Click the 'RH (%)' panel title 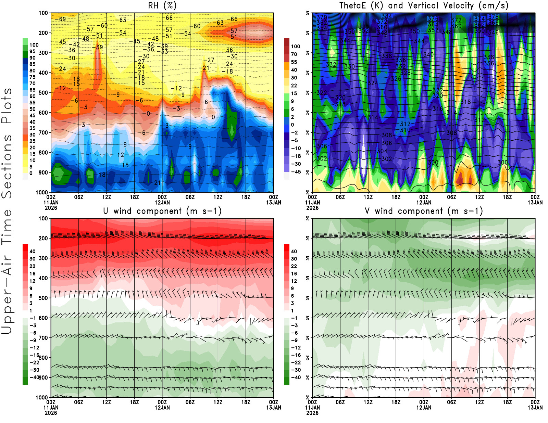pos(162,5)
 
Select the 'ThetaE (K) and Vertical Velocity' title pos(424,5)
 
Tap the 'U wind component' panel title pos(162,211)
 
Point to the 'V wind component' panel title pos(424,211)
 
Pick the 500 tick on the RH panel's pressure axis pos(43,93)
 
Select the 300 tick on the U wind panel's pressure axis pos(43,258)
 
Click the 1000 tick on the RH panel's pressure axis pos(42,192)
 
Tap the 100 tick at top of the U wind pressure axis pos(43,218)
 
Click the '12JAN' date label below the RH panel pos(162,203)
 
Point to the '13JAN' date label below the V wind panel pos(535,408)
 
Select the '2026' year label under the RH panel pos(51,208)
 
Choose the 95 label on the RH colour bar pos(32,51)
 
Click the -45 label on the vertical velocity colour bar pos(296,172)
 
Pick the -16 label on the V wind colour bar pos(296,355)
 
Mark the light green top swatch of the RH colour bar pos(25,41)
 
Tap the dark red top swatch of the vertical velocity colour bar pos(287,42)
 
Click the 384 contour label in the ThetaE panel pos(386,16)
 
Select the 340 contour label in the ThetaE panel pos(428,54)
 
